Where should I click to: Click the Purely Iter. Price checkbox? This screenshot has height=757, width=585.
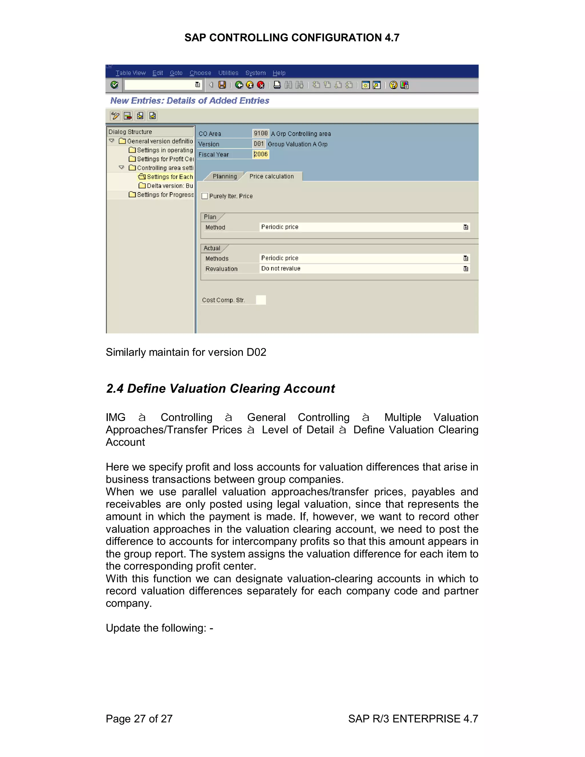[x=205, y=196]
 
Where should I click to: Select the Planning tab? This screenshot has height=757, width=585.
[x=225, y=177]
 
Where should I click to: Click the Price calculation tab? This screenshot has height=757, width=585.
[x=271, y=177]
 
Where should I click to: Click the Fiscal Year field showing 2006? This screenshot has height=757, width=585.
[x=261, y=154]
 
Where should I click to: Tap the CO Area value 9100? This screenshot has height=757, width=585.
[x=261, y=133]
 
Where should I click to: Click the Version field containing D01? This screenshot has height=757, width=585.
[x=259, y=144]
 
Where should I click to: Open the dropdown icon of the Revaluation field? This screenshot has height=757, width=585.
[x=465, y=269]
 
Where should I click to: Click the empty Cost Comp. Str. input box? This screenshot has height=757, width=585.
[x=261, y=300]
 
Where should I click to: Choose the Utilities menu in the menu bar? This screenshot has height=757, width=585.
[x=228, y=73]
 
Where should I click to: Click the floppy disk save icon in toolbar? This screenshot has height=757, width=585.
[x=222, y=85]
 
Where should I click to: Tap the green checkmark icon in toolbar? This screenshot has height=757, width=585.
[x=114, y=85]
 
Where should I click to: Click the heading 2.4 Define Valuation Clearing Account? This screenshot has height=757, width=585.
[x=221, y=388]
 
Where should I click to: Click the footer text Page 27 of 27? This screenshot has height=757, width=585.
[x=139, y=718]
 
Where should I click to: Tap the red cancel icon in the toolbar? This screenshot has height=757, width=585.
[x=261, y=85]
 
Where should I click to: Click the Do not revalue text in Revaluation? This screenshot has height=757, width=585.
[x=281, y=269]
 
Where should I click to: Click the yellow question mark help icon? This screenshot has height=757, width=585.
[x=393, y=85]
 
